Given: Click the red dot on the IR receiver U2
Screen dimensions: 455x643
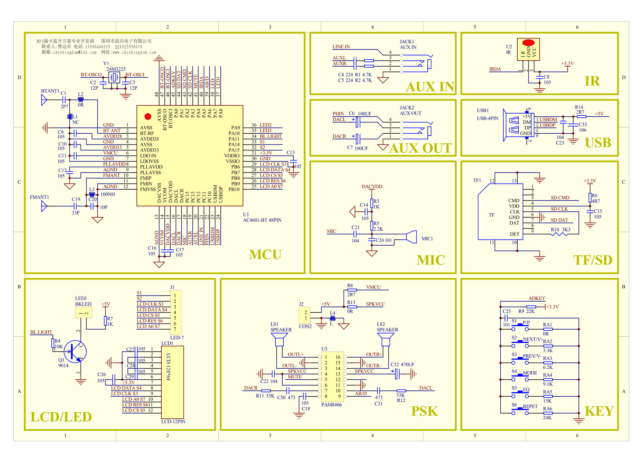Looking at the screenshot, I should click(x=528, y=43).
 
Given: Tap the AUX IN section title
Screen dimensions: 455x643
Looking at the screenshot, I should click(x=430, y=87).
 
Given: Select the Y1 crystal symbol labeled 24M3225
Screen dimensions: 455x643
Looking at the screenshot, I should click(x=114, y=77).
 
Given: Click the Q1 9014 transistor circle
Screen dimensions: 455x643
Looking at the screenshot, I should click(x=75, y=352).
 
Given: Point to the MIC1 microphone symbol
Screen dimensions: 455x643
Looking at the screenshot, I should click(x=412, y=237).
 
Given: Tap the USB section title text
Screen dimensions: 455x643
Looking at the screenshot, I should click(x=598, y=143).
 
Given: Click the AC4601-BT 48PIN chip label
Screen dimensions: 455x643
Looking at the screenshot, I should click(x=262, y=220).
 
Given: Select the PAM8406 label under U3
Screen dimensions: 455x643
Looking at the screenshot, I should click(x=332, y=405).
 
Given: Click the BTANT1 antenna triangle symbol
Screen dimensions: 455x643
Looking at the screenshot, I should click(x=44, y=100).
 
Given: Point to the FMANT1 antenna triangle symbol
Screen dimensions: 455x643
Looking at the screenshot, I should click(x=44, y=206).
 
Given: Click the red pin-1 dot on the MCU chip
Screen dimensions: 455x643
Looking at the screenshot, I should click(x=148, y=117).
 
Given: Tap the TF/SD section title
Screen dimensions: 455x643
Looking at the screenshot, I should click(x=593, y=260).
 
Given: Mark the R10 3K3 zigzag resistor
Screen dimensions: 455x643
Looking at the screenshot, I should click(x=559, y=234).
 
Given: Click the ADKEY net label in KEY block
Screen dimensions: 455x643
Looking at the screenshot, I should click(x=537, y=298).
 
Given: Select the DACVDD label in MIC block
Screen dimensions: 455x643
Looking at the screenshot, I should click(x=372, y=187).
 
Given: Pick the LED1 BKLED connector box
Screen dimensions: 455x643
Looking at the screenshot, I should click(x=84, y=313).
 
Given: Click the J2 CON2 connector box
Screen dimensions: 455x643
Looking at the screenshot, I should click(x=305, y=315).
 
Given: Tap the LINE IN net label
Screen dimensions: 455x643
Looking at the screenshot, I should click(x=341, y=47).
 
